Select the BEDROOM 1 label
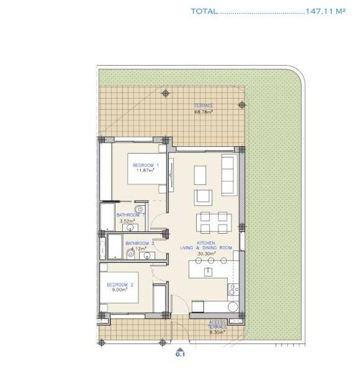point(146,165)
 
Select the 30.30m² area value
point(205,254)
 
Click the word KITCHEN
point(205,242)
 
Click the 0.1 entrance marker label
point(181,355)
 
